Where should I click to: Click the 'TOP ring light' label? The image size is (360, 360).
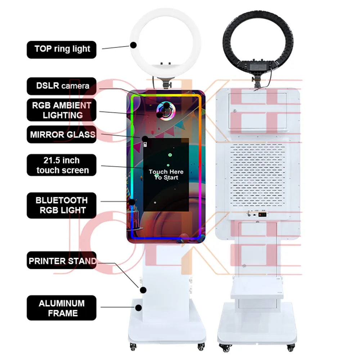click(x=62, y=50)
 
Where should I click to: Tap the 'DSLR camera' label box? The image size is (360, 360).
click(x=62, y=86)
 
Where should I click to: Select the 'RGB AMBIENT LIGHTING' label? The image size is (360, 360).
click(x=62, y=110)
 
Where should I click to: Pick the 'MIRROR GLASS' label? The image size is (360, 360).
click(x=62, y=134)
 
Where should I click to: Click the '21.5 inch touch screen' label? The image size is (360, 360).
click(x=62, y=165)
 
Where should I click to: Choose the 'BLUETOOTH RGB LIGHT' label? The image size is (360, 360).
click(x=62, y=205)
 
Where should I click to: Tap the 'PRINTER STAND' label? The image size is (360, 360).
click(x=62, y=260)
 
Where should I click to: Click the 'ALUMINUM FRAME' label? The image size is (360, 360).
click(x=62, y=308)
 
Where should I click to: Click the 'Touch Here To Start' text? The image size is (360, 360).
click(x=166, y=175)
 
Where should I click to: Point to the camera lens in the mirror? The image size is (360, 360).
click(x=166, y=111)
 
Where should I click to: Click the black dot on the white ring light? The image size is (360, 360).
click(x=134, y=45)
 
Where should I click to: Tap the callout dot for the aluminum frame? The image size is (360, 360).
click(x=138, y=308)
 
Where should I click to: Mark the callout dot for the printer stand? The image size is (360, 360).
click(x=143, y=290)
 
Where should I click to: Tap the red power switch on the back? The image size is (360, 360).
click(x=262, y=215)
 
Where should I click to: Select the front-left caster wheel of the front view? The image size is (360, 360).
click(x=133, y=346)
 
